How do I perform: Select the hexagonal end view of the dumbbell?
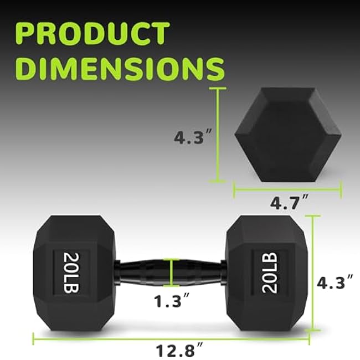287,133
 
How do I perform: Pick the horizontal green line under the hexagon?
287,191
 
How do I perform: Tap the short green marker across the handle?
172,272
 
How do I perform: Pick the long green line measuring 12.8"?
172,336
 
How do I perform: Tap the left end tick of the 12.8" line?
34,336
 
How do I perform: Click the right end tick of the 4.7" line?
341,191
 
